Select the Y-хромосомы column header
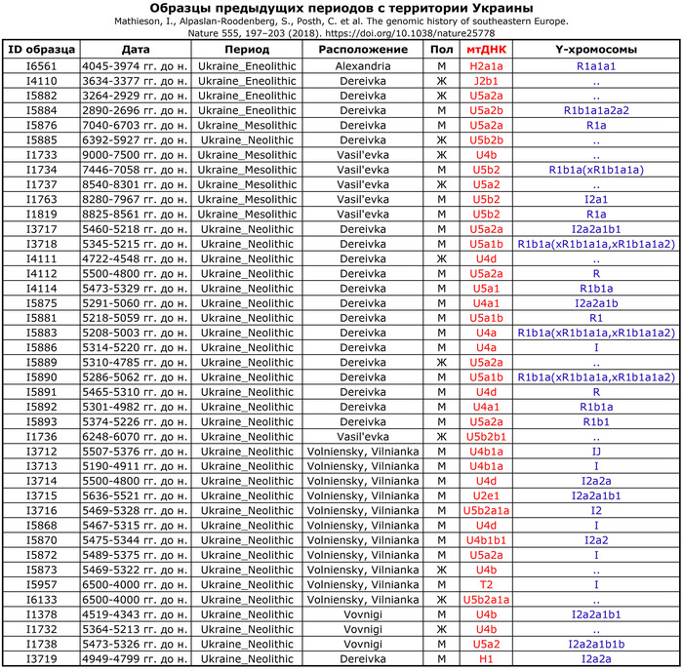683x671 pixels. (x=594, y=49)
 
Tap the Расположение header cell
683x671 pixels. (x=363, y=49)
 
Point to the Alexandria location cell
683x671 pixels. (x=363, y=65)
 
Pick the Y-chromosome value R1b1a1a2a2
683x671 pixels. (x=594, y=110)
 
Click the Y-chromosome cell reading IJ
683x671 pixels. (x=594, y=452)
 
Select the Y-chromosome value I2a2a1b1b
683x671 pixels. (x=594, y=645)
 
